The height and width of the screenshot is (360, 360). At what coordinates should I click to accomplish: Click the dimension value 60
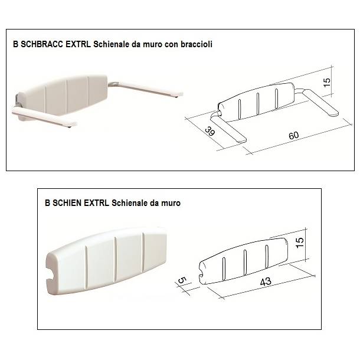[294, 135]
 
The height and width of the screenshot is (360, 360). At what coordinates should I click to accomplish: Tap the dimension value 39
[210, 131]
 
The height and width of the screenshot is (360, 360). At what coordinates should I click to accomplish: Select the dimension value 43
[266, 282]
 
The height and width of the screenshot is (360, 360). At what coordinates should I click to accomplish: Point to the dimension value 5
[182, 280]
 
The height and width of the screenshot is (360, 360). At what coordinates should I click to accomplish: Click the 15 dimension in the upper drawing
[327, 82]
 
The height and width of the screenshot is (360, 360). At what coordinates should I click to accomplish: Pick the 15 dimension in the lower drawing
[300, 243]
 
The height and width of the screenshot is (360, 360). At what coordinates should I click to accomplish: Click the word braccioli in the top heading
[197, 44]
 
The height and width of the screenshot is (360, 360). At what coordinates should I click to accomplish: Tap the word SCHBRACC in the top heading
[42, 44]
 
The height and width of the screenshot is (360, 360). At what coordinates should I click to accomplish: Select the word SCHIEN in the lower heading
[67, 203]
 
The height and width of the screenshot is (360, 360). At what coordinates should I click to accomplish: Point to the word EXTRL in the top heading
[78, 44]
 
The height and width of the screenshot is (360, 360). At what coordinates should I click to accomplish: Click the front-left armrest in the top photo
[44, 117]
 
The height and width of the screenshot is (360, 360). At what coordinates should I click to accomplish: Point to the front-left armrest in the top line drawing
[228, 129]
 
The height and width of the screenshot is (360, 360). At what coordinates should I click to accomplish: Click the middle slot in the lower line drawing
[245, 263]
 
